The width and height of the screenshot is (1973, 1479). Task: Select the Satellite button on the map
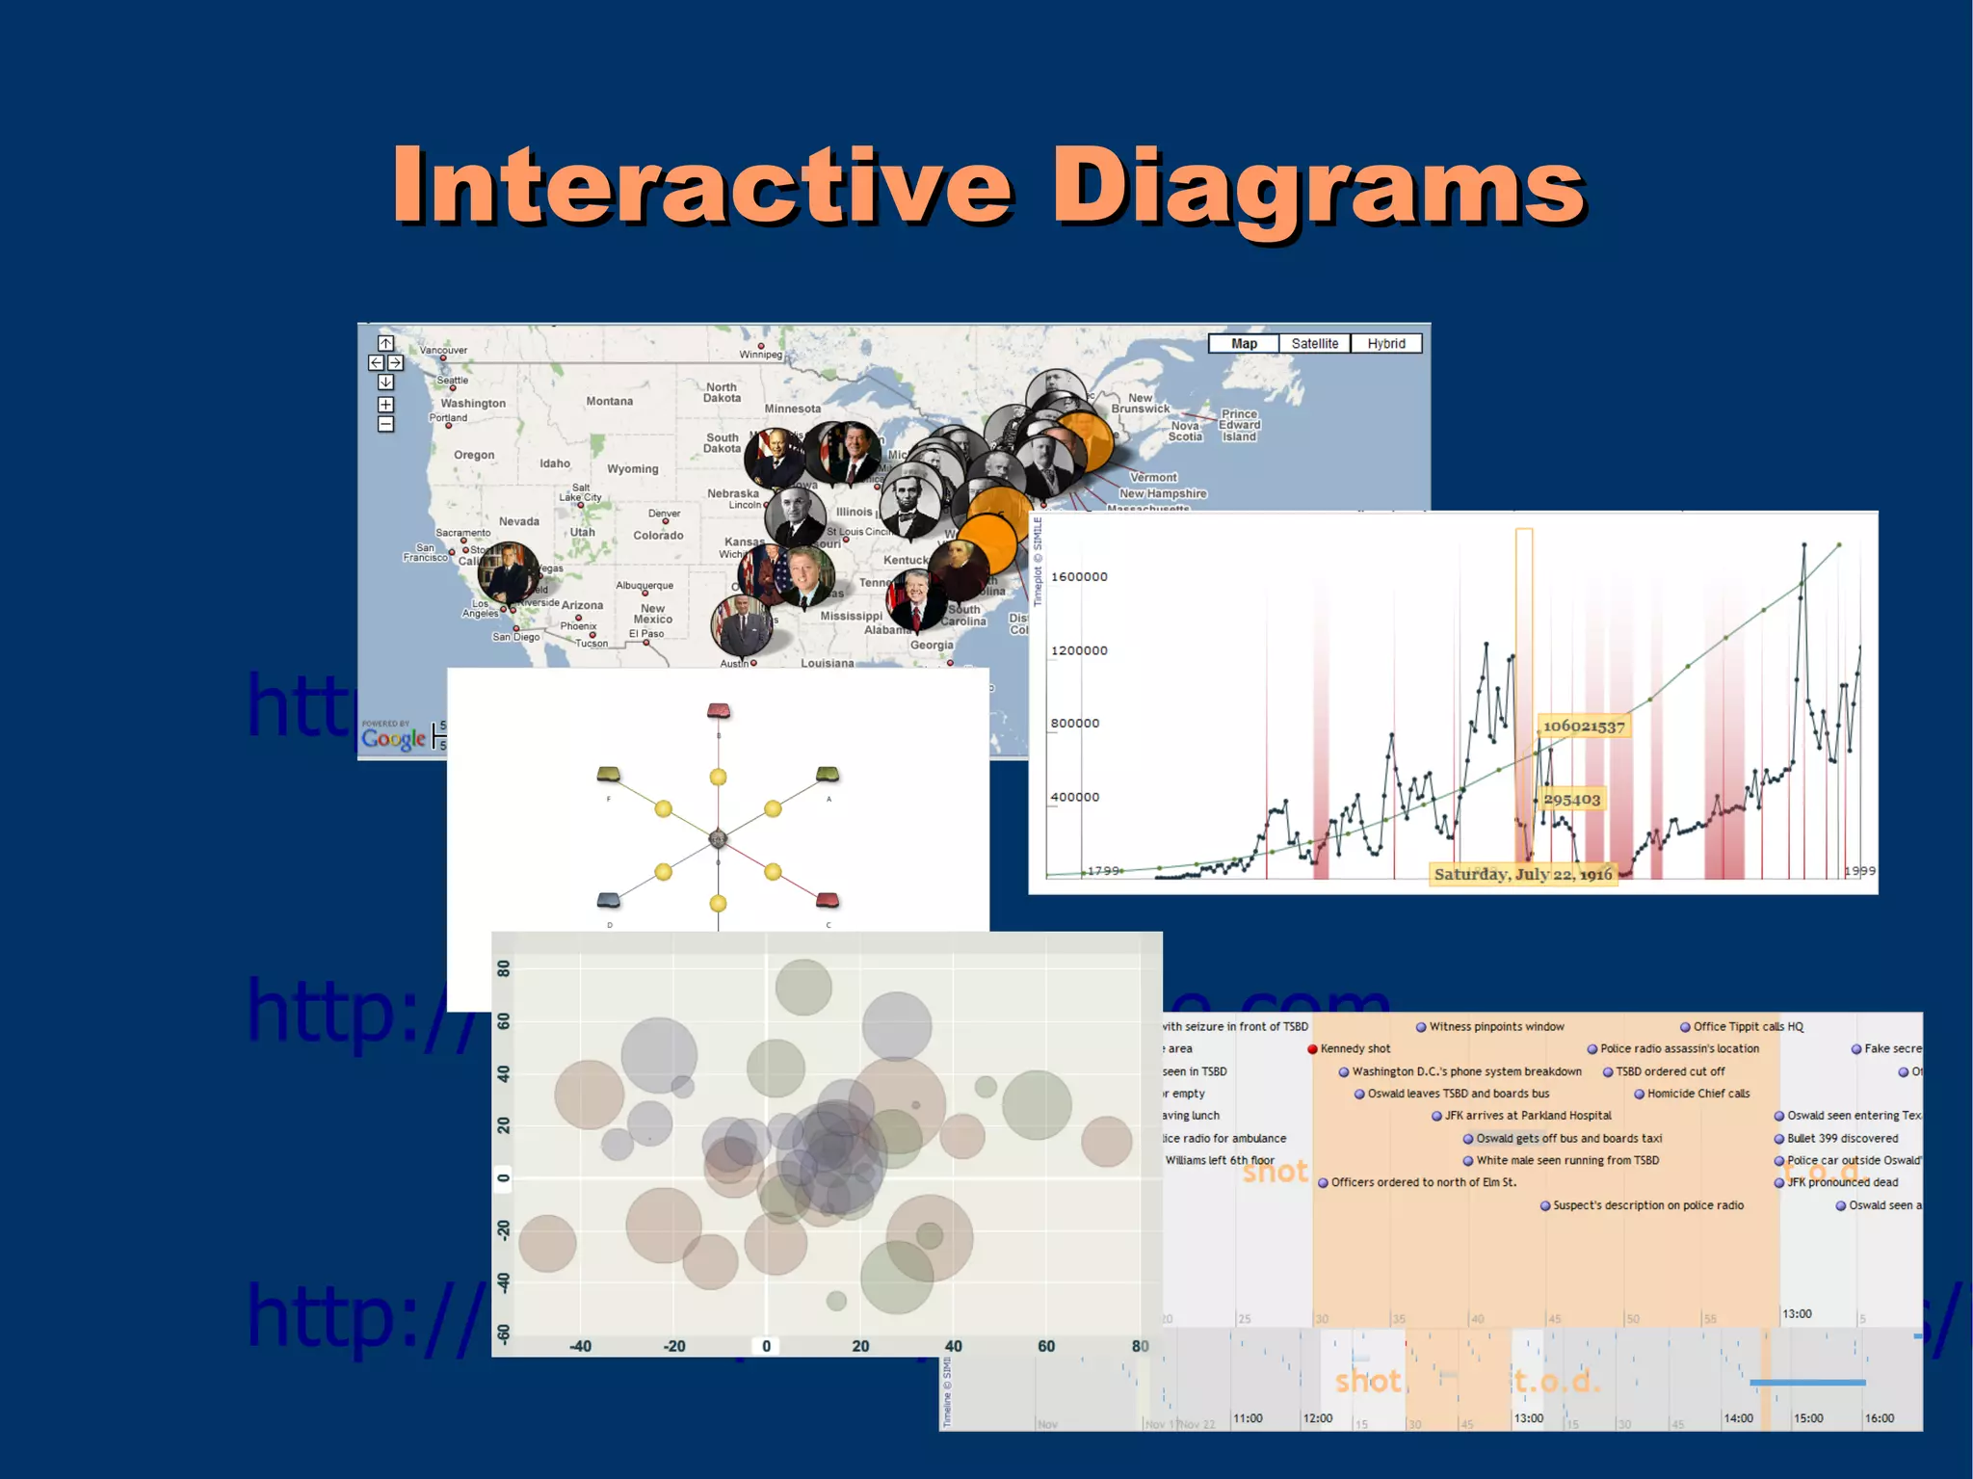click(x=1314, y=344)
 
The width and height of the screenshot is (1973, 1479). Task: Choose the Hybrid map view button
click(x=1385, y=344)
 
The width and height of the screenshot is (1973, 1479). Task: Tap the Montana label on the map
click(x=609, y=402)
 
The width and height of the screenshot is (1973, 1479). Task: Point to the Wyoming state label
click(x=632, y=469)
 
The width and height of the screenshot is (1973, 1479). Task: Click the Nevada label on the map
click(x=518, y=522)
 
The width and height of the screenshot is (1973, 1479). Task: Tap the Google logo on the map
click(x=393, y=739)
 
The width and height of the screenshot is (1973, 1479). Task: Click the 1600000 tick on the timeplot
click(x=1079, y=577)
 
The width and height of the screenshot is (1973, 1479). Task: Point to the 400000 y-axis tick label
click(x=1074, y=798)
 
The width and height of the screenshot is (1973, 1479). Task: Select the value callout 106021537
click(x=1583, y=726)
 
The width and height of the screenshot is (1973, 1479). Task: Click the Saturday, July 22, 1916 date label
click(x=1522, y=875)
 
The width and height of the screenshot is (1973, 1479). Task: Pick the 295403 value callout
click(x=1571, y=800)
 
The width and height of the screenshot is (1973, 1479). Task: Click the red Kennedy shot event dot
click(x=1312, y=1049)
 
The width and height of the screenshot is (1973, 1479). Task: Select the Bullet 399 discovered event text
click(x=1842, y=1139)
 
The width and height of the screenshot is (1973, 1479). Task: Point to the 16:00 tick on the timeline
click(x=1879, y=1418)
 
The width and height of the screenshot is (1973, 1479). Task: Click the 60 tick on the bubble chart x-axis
click(x=1046, y=1346)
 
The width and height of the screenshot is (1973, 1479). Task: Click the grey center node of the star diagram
click(x=718, y=839)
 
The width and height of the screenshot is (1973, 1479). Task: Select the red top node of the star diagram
click(x=719, y=711)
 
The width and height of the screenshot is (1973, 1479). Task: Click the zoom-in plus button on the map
click(x=385, y=405)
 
